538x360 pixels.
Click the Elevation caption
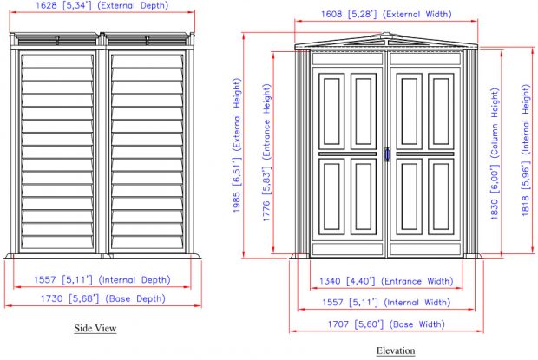(x=395, y=350)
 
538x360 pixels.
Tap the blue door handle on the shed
(x=388, y=154)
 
